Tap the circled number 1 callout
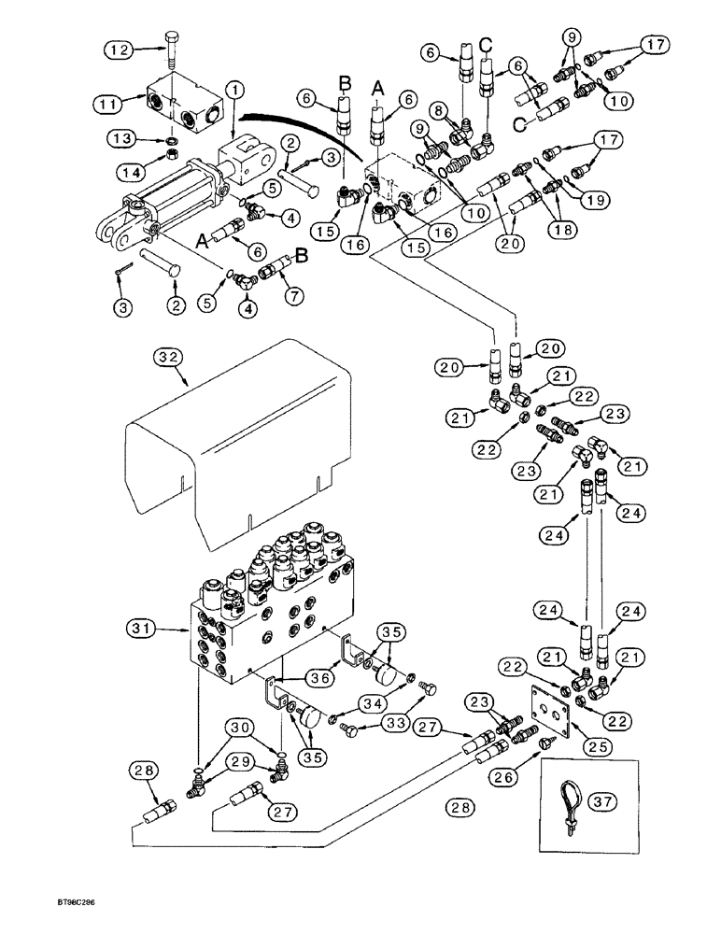(234, 90)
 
